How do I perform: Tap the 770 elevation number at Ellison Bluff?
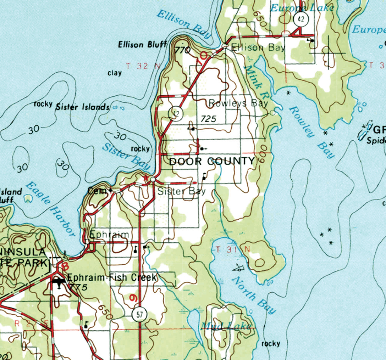point(183,50)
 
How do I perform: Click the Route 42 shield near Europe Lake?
point(301,19)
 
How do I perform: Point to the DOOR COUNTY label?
point(212,162)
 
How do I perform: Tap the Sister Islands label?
point(82,107)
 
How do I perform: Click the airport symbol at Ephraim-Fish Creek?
point(59,283)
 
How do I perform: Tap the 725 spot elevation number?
point(208,119)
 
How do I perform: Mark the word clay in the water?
point(115,73)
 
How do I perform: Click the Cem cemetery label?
point(97,191)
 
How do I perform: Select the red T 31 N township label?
point(232,249)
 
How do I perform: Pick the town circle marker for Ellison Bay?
point(224,46)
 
